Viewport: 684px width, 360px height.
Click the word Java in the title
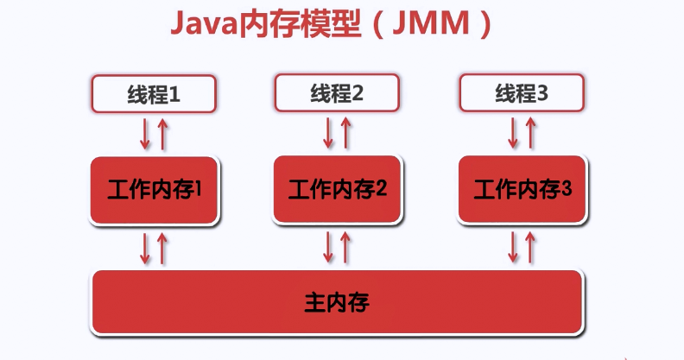point(205,23)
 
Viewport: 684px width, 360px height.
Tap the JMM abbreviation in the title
point(431,23)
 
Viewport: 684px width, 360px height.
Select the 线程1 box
point(154,94)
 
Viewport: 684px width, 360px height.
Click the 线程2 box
point(337,93)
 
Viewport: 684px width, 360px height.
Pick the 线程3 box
point(522,93)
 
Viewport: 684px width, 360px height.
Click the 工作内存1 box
point(154,191)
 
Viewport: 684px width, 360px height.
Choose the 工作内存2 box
point(337,190)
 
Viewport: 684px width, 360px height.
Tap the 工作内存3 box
point(522,190)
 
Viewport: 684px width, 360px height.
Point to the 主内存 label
point(337,302)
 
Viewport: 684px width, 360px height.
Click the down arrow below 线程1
point(145,134)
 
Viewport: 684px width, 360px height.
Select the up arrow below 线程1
point(162,134)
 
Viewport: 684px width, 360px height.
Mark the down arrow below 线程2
point(328,133)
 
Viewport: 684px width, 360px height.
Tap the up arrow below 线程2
point(345,133)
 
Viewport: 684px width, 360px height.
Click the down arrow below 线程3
point(513,133)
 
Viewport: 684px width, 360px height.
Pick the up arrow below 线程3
point(530,133)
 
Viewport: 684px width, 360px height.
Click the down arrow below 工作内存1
point(145,249)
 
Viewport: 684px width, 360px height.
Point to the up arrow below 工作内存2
point(345,248)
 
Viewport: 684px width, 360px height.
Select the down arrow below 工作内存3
point(513,248)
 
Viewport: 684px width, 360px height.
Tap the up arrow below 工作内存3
point(530,248)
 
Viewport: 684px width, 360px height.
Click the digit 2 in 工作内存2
point(381,188)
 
